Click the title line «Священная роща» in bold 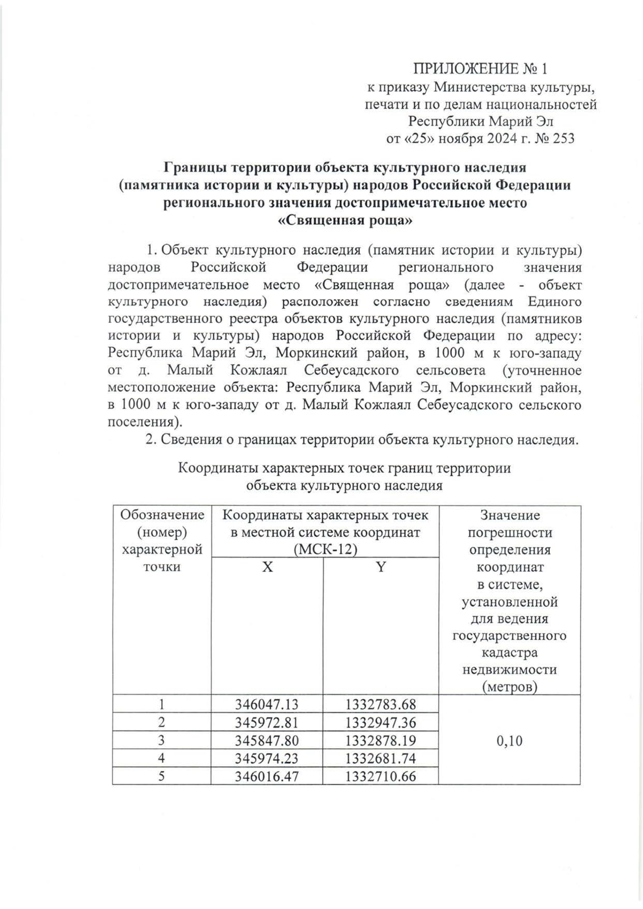tap(346, 220)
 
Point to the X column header tap(267, 567)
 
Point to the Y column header tap(380, 567)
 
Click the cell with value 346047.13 tap(267, 704)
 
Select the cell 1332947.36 tap(380, 722)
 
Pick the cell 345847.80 tap(267, 741)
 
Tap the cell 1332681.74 tap(380, 758)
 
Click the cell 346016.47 tap(267, 776)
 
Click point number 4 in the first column tap(162, 758)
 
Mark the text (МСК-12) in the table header tap(325, 550)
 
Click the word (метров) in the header tap(509, 687)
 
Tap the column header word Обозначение tap(162, 515)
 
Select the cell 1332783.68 tap(380, 704)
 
